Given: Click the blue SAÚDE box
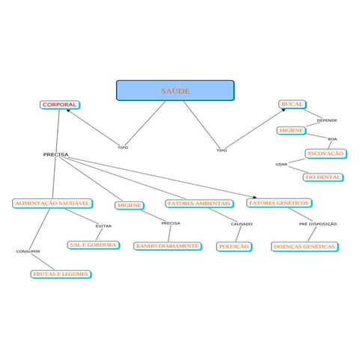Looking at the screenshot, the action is [x=175, y=91].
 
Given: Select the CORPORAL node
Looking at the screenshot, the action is [x=59, y=105].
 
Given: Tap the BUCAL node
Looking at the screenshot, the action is [x=292, y=104].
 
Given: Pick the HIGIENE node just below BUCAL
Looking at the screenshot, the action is [x=291, y=130].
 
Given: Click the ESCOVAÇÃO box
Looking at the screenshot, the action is [x=326, y=153].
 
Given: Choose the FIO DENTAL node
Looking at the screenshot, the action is [x=323, y=177].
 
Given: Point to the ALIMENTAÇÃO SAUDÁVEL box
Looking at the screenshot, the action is [x=52, y=204].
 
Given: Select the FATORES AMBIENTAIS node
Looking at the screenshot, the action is [x=199, y=204].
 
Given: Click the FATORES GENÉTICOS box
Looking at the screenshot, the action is [x=279, y=203].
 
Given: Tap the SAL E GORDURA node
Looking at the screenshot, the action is [x=93, y=245].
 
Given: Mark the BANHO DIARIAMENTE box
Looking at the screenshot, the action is [x=168, y=246].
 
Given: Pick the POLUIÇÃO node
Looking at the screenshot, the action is [x=234, y=246].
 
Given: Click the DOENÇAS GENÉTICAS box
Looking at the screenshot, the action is [x=305, y=247].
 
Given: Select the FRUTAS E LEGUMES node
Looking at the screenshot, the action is [x=61, y=274].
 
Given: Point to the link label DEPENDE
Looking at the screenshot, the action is [x=327, y=120].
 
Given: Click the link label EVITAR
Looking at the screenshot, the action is [x=103, y=226].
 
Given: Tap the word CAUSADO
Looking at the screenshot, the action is [x=242, y=224].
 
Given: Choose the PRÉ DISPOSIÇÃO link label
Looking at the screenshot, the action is [x=318, y=224].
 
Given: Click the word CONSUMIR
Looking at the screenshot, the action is [x=28, y=251].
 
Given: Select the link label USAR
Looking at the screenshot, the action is [x=281, y=165].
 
